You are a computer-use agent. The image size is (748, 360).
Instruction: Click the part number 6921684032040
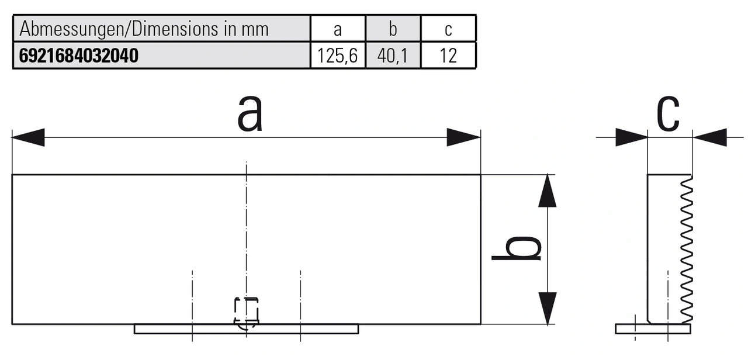click(x=79, y=56)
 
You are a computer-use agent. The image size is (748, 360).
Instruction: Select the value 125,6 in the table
click(x=337, y=56)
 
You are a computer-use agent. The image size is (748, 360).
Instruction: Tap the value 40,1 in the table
click(x=393, y=56)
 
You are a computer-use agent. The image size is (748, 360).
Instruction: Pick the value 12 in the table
click(x=448, y=56)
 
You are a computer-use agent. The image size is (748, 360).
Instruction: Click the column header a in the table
click(x=337, y=29)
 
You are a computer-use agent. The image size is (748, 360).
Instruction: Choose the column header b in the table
click(x=393, y=29)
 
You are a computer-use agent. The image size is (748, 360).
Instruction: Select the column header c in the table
click(x=448, y=29)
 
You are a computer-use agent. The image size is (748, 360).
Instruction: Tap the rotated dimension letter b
click(x=517, y=248)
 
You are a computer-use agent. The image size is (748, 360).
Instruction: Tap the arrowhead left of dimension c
click(x=631, y=137)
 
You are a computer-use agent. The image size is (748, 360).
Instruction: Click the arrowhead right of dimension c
click(x=709, y=137)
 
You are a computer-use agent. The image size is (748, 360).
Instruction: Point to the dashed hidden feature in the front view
click(x=246, y=311)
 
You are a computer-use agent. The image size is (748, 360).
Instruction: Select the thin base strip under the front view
click(x=246, y=329)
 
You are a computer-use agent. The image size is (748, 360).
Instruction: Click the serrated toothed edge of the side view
click(x=687, y=248)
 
